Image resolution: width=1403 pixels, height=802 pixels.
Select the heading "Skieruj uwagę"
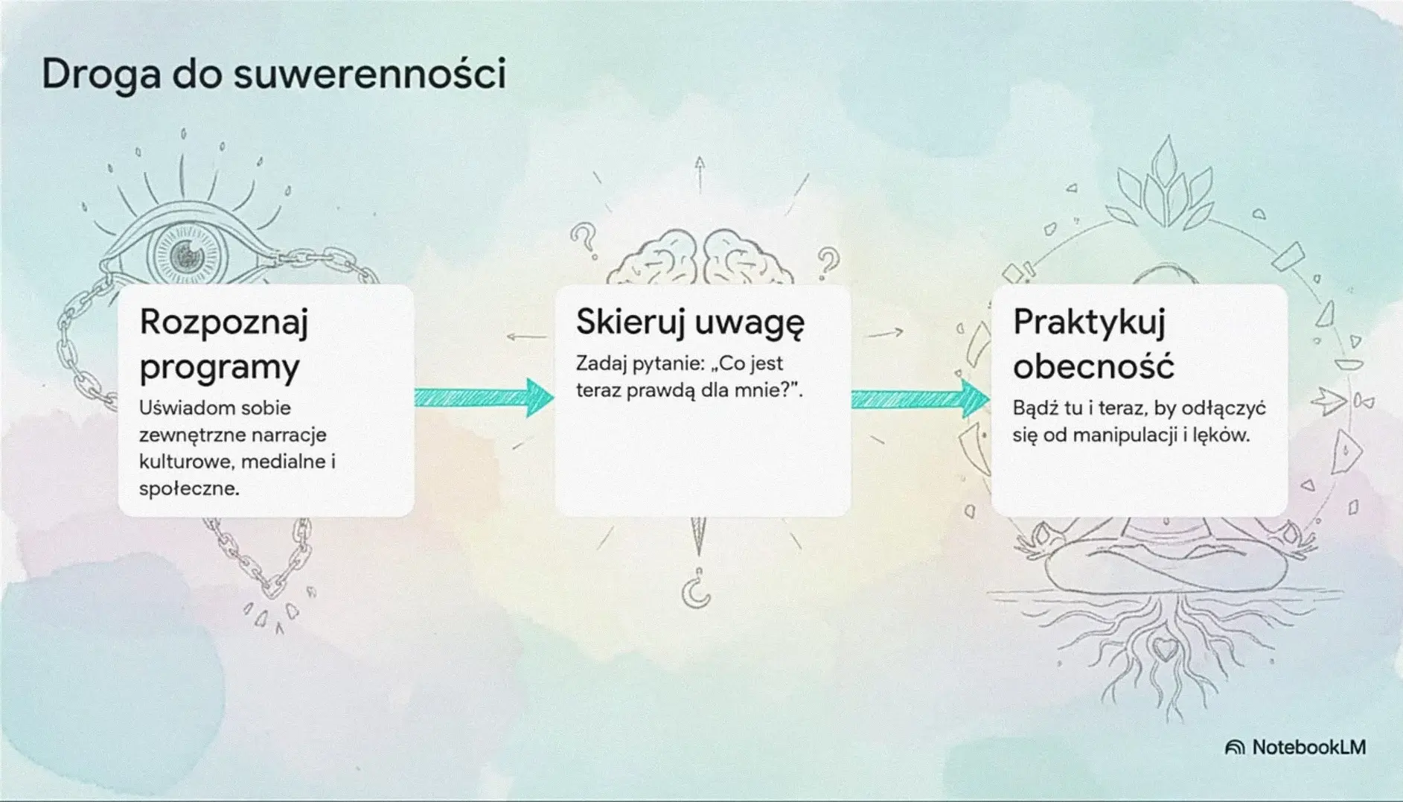689,322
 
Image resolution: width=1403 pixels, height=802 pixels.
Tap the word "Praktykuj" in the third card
1088,322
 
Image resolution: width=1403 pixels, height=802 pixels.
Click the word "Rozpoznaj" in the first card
223,322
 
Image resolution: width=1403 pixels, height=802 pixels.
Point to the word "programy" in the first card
219,367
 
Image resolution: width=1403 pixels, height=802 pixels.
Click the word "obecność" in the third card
1093,367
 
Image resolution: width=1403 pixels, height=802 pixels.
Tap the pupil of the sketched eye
186,256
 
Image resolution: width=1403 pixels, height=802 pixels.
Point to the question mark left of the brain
584,241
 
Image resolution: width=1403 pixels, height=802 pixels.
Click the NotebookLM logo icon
1234,748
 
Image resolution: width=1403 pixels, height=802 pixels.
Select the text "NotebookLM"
1308,748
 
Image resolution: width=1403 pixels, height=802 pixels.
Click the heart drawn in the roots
1165,648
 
